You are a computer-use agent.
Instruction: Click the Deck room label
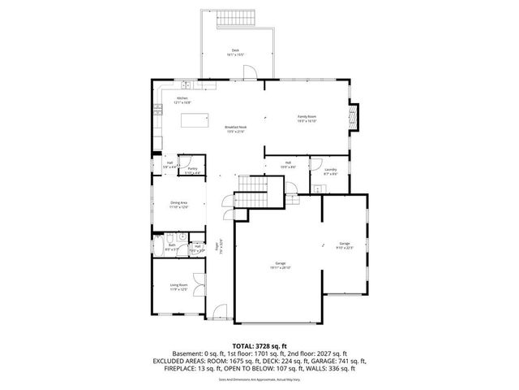pyautogui.click(x=235, y=52)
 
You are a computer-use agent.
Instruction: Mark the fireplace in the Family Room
pyautogui.click(x=352, y=116)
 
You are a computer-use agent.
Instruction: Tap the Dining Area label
pyautogui.click(x=179, y=204)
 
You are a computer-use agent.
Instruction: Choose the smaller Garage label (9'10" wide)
pyautogui.click(x=345, y=245)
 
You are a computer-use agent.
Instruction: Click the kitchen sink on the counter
pyautogui.click(x=186, y=84)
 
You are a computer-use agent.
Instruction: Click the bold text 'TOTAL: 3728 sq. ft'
pyautogui.click(x=259, y=345)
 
